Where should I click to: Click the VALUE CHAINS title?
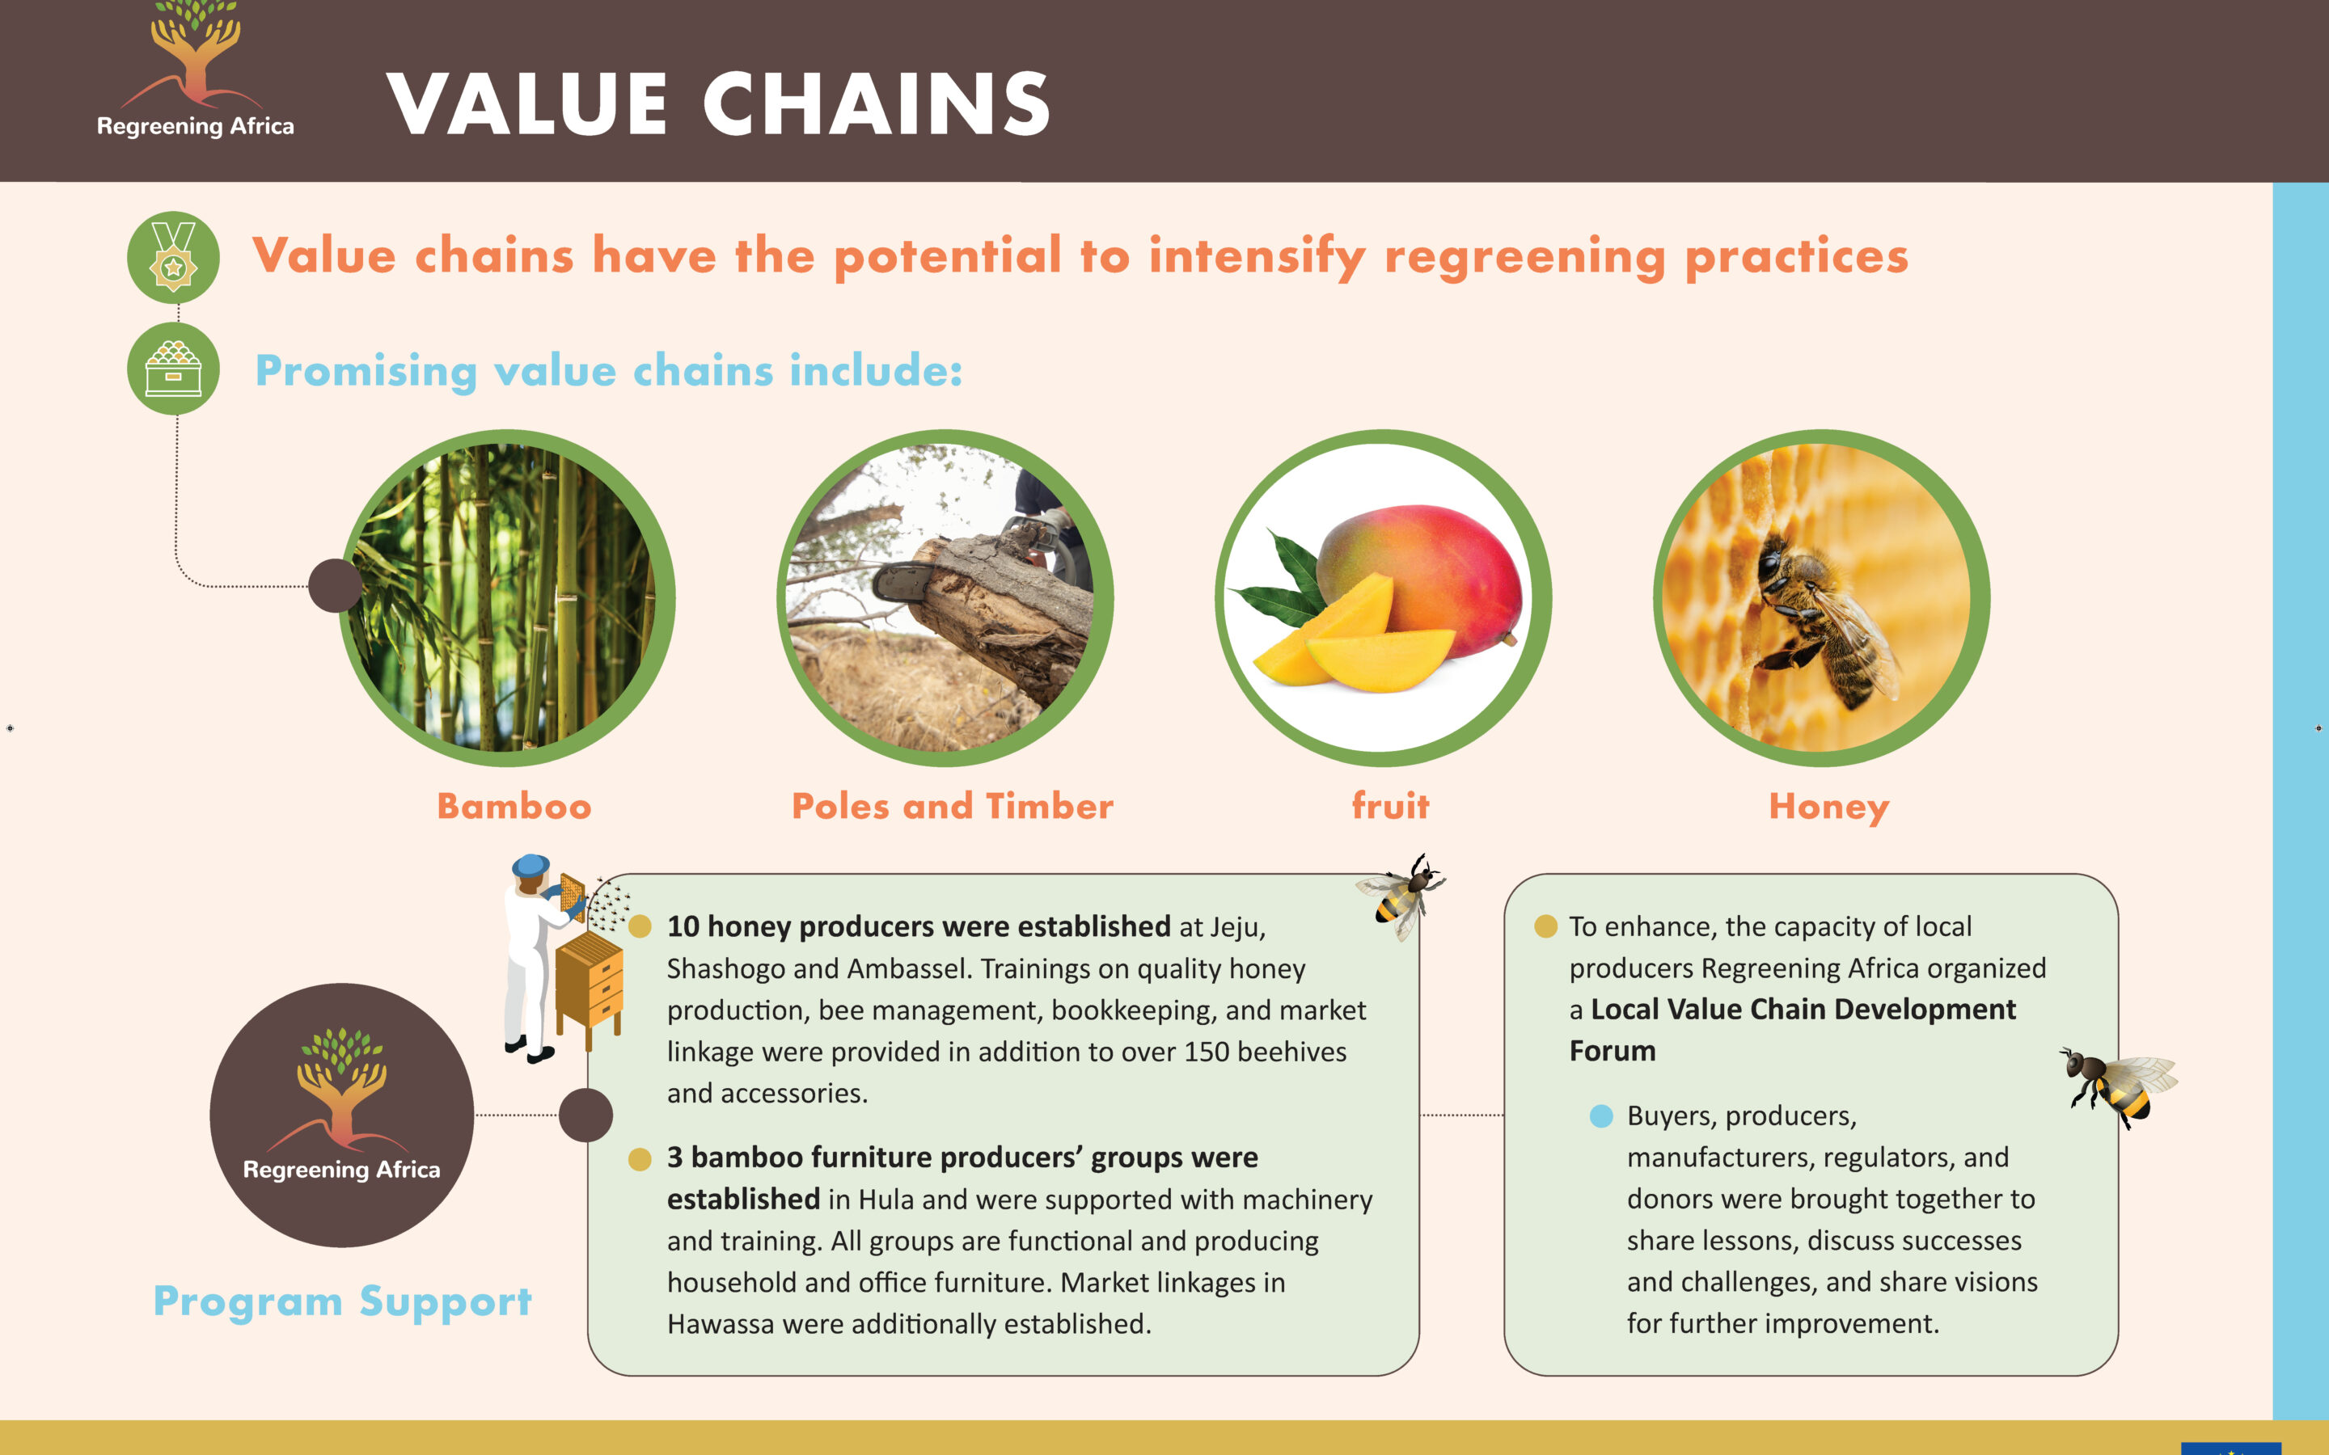point(718,104)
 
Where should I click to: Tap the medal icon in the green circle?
point(173,257)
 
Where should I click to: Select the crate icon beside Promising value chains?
point(173,369)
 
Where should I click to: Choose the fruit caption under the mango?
point(1391,805)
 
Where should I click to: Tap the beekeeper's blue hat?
point(531,864)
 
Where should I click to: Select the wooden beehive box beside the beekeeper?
point(589,981)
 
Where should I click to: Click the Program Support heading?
point(343,1302)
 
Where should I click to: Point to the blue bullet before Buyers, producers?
point(1601,1116)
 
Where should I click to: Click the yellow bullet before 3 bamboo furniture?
point(640,1158)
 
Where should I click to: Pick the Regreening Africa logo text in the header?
point(196,126)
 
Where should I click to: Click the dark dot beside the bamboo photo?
point(335,585)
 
